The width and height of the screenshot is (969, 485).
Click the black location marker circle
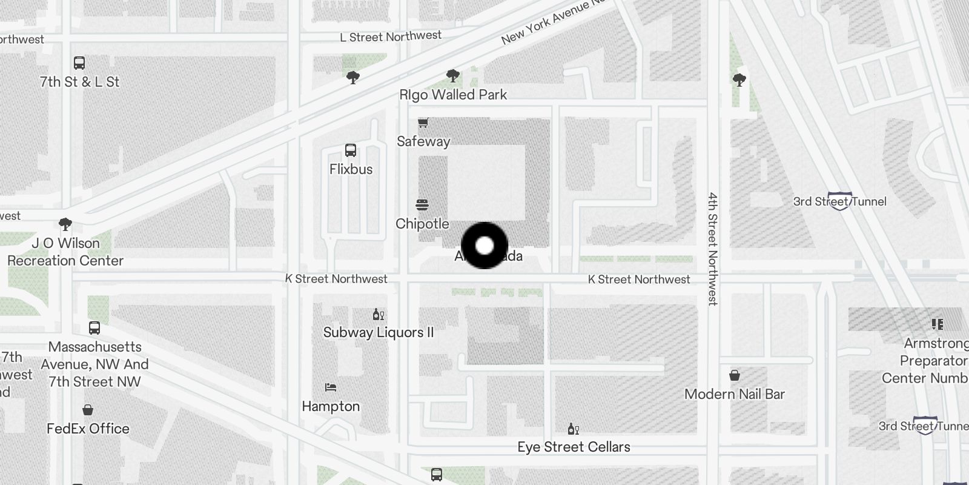pos(484,246)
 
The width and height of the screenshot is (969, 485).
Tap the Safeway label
pos(423,141)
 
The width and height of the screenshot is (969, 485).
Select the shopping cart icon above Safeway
pos(423,123)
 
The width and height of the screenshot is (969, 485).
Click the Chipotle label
pos(422,224)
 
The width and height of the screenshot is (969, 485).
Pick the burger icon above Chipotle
pos(422,205)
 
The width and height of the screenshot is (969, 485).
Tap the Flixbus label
pos(351,169)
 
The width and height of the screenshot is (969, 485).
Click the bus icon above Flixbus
pos(350,150)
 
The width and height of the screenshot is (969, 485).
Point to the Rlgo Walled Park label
pos(453,95)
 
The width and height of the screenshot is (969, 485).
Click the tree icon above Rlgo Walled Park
pos(452,76)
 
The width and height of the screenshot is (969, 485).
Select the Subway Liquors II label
pos(379,332)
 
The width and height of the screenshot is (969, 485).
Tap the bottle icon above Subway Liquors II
pos(379,314)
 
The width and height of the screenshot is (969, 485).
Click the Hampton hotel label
pos(331,406)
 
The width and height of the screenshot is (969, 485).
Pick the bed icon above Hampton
pos(331,387)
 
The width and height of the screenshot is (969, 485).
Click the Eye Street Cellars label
pos(574,447)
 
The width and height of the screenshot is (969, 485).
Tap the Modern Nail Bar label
pos(735,394)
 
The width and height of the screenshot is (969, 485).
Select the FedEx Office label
pos(88,429)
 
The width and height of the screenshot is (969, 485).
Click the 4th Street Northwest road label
pos(713,249)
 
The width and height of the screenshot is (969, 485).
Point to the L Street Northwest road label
pos(391,37)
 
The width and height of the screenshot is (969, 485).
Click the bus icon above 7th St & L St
pos(79,63)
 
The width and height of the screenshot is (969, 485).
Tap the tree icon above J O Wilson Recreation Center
pos(65,224)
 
